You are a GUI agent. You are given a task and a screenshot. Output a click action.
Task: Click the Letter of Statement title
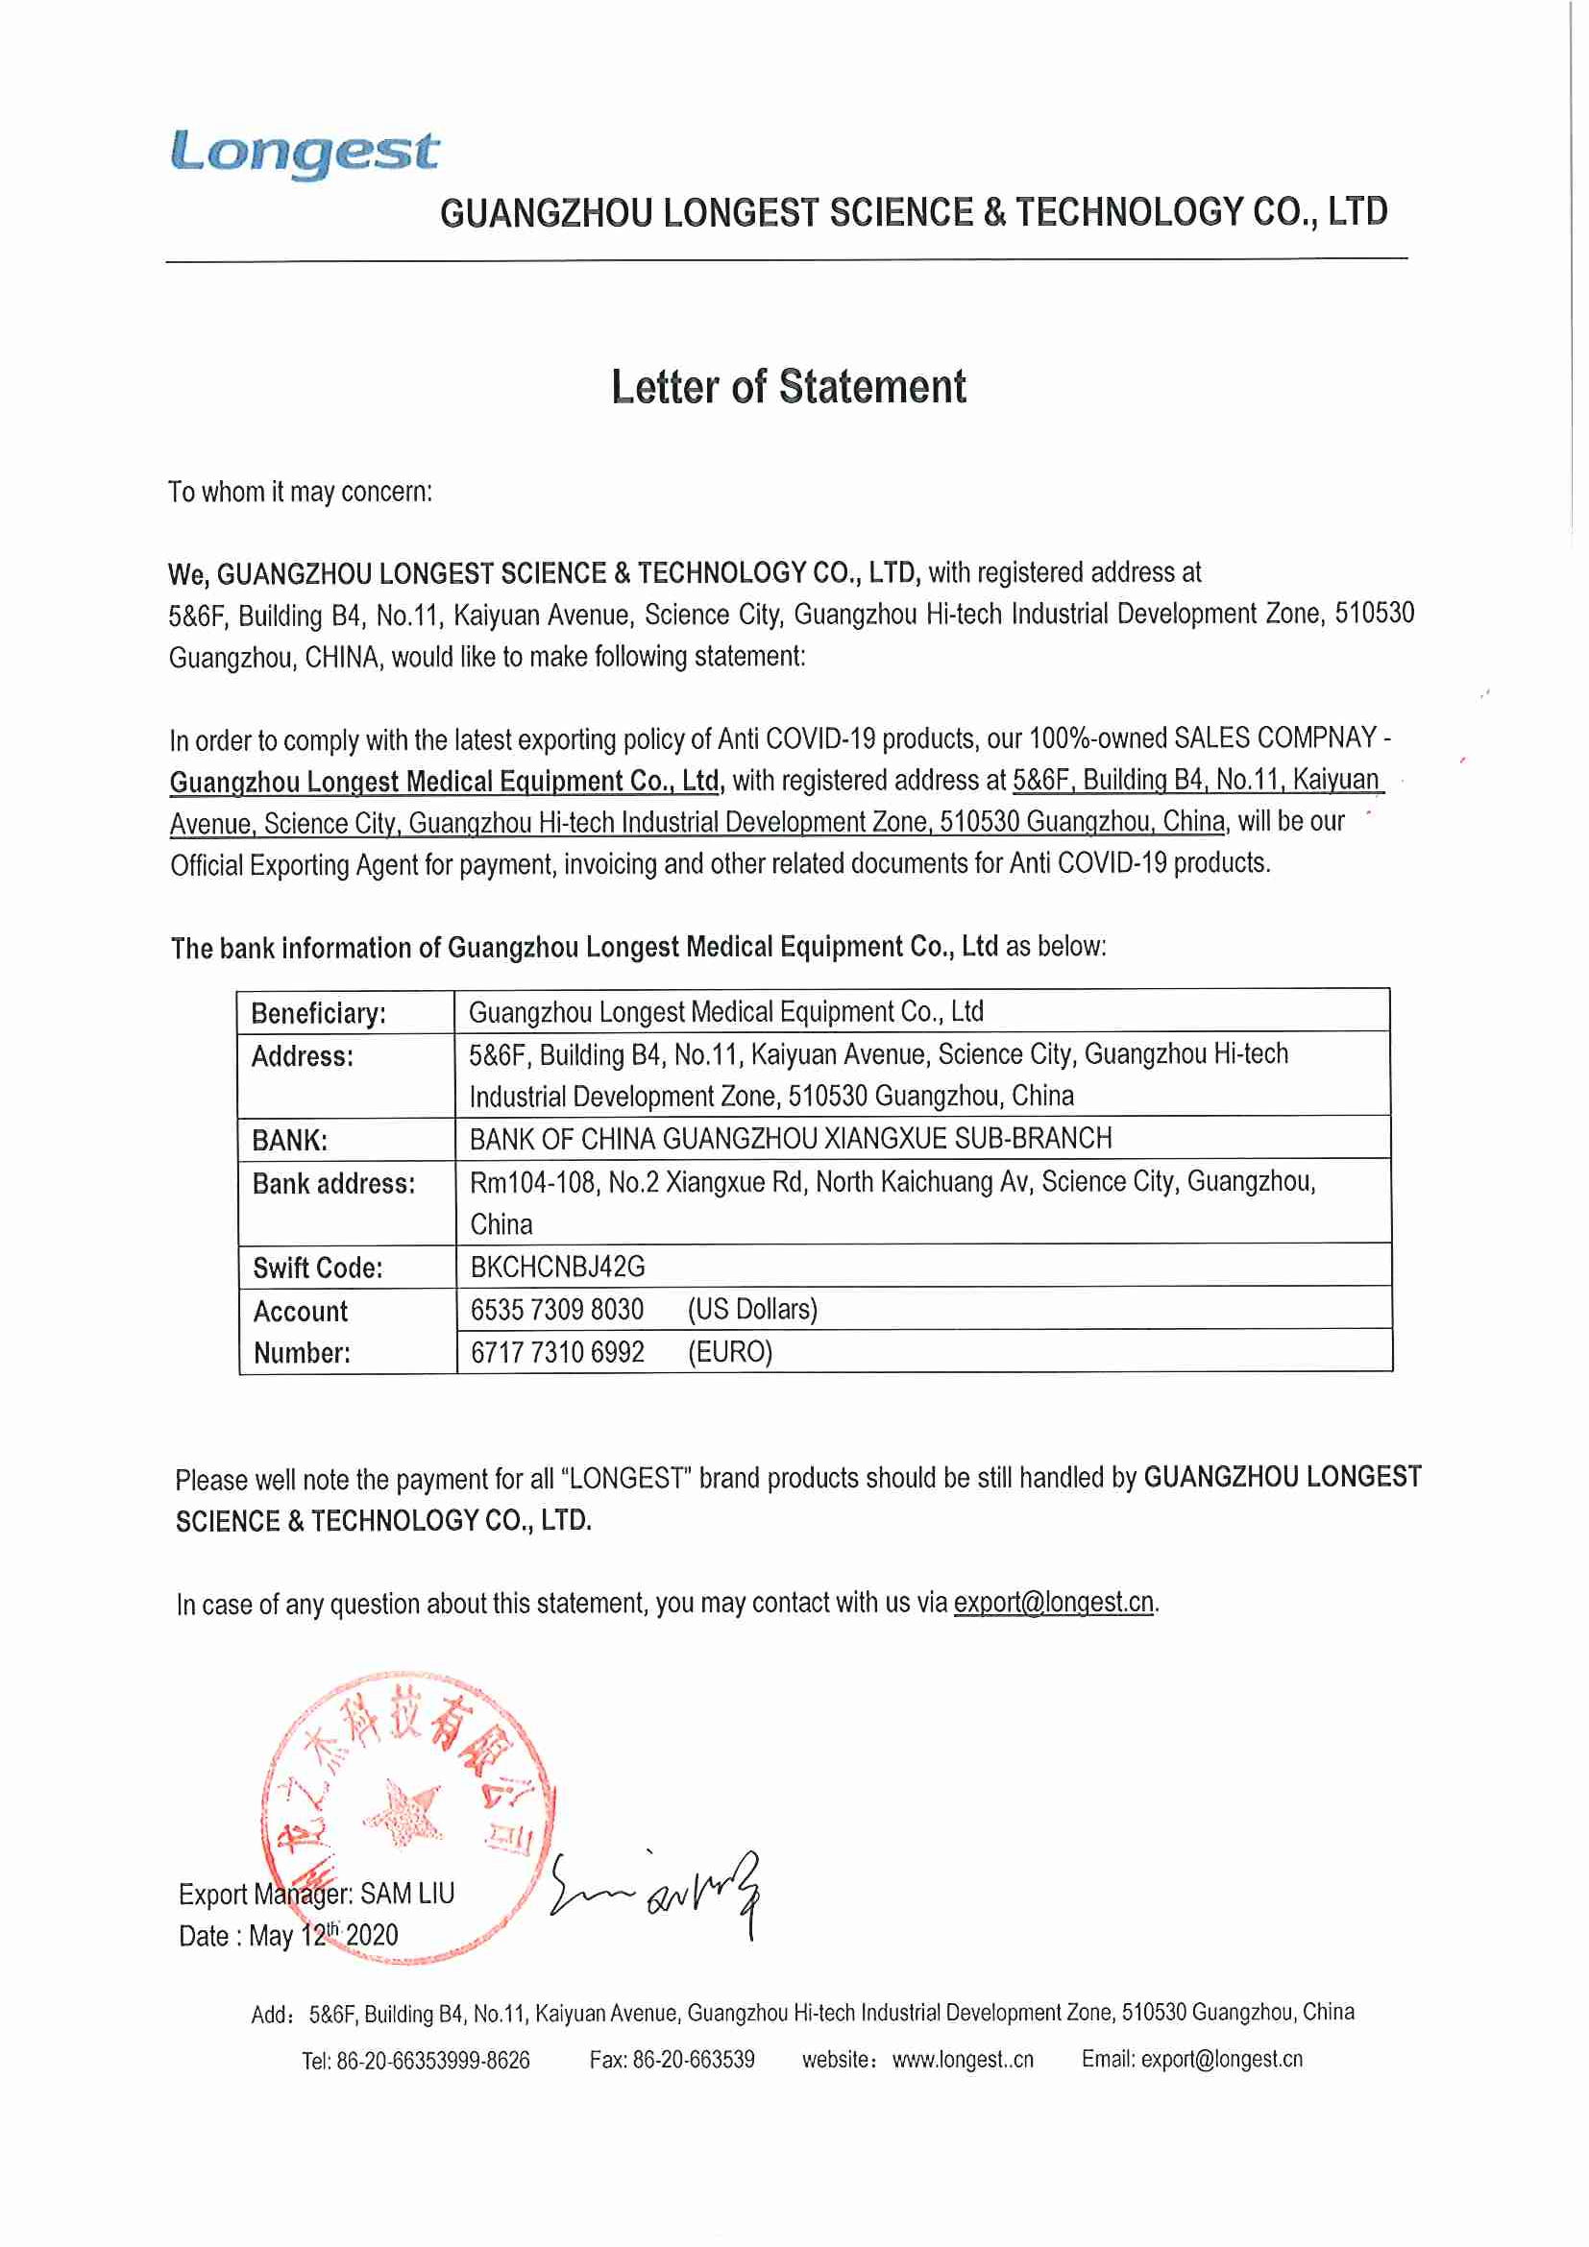tap(788, 387)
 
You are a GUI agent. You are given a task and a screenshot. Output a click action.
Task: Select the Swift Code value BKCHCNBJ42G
tap(557, 1267)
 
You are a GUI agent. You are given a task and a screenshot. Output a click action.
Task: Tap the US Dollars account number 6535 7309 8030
tap(557, 1310)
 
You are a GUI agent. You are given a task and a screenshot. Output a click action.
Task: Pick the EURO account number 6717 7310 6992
tap(557, 1352)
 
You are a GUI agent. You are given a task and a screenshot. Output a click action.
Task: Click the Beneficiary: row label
tap(318, 1013)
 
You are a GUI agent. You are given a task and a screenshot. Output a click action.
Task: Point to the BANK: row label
tap(289, 1140)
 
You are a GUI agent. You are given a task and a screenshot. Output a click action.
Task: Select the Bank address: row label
tap(332, 1184)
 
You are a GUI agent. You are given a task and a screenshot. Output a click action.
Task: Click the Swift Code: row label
tap(317, 1268)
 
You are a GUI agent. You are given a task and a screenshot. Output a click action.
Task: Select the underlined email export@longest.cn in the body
tap(1054, 1603)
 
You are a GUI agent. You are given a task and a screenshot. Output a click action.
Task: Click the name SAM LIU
tap(407, 1894)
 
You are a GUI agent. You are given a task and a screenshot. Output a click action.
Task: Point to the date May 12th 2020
tap(323, 1936)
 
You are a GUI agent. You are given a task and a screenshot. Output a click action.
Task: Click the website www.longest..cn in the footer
tap(963, 2059)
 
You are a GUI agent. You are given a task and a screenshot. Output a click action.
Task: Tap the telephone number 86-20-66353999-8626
tap(432, 2061)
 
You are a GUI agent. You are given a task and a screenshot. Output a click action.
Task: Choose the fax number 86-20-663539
tap(694, 2059)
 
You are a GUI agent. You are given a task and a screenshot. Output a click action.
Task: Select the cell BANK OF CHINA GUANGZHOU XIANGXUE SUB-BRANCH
tap(790, 1138)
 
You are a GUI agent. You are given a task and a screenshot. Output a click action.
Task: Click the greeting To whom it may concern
tap(300, 492)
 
